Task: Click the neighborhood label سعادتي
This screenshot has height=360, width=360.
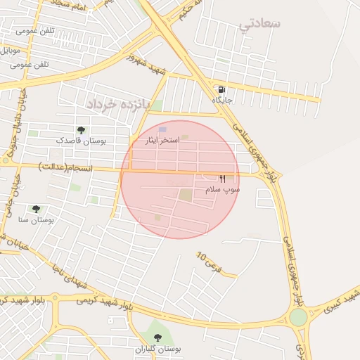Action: click(x=259, y=25)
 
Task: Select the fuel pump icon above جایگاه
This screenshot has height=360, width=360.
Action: click(x=222, y=90)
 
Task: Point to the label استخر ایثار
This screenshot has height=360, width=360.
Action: click(x=162, y=141)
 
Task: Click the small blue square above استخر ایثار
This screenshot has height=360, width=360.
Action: click(x=163, y=130)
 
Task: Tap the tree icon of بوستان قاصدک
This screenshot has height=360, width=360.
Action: click(x=81, y=130)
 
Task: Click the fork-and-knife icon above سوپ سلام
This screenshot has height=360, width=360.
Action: click(x=223, y=179)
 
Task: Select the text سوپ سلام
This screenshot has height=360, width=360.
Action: click(x=222, y=190)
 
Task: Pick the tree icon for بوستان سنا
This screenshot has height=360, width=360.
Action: click(x=36, y=209)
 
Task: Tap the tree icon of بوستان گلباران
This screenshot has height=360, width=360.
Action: click(x=157, y=338)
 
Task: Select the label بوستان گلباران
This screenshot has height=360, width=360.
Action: click(x=157, y=349)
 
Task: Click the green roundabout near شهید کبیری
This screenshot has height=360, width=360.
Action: click(x=298, y=317)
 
